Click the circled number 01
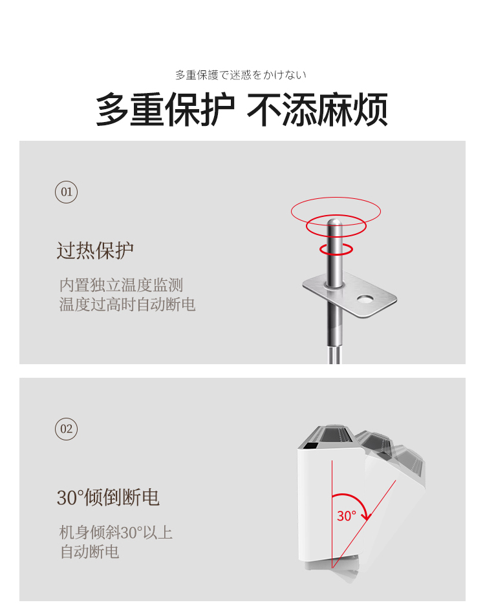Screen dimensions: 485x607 pos(67,192)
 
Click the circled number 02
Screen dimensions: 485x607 pos(67,429)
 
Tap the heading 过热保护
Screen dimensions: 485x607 pos(95,251)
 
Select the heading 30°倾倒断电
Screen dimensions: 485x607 pos(108,497)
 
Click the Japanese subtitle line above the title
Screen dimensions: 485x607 pos(241,75)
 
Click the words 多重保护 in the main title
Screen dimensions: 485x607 pos(166,110)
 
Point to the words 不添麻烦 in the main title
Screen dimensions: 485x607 pos(318,110)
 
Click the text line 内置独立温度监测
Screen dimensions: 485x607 pos(121,285)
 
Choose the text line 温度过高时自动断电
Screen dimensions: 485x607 pos(127,304)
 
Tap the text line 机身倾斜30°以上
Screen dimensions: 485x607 pos(116,533)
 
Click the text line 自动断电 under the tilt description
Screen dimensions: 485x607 pos(89,551)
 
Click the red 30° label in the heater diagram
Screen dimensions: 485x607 pos(346,516)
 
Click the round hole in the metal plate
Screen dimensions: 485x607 pos(365,299)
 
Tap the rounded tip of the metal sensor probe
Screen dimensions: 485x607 pos(334,223)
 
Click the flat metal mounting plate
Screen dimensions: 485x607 pos(350,294)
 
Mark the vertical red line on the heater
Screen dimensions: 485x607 pos(332,514)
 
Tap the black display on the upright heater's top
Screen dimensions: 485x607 pos(310,446)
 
